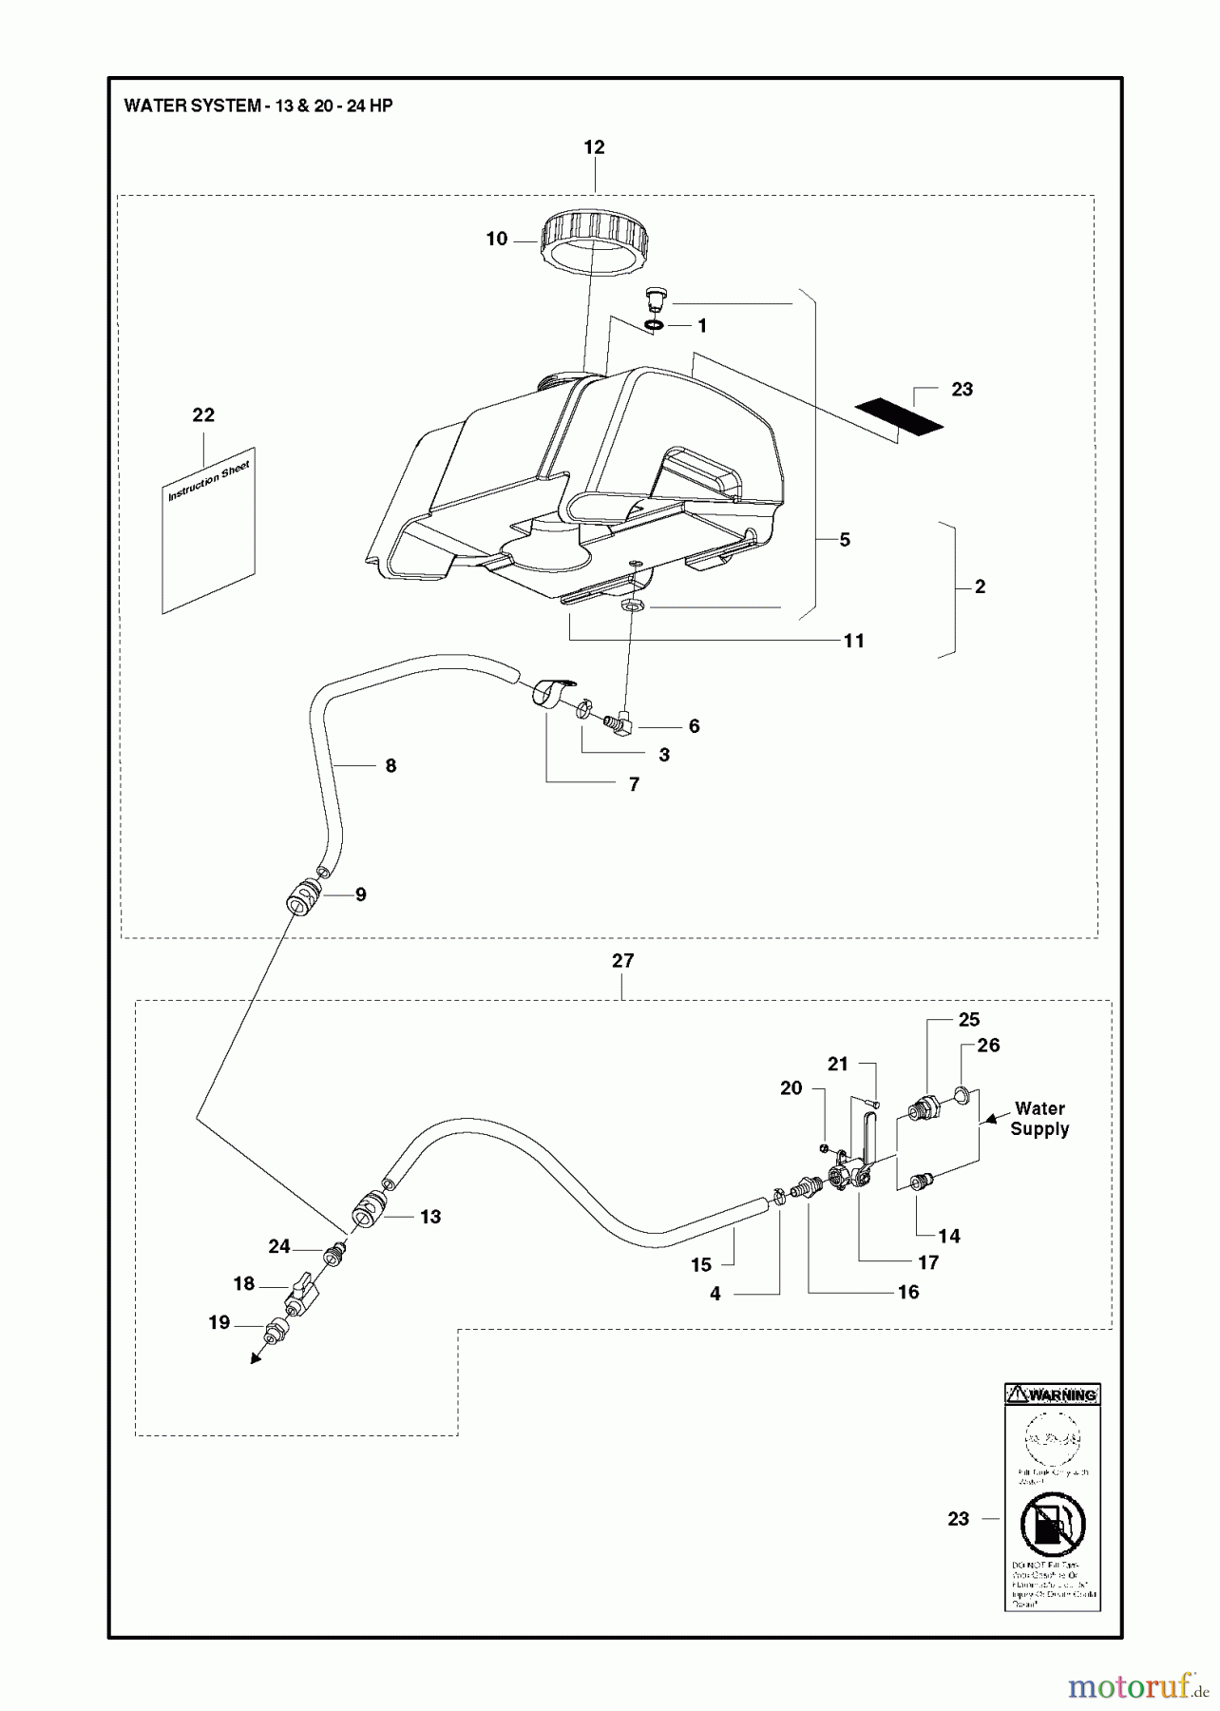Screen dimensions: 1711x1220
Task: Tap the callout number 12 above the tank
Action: click(x=594, y=147)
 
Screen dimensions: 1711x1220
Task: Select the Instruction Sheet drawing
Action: click(x=209, y=530)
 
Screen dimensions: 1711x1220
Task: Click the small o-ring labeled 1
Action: click(x=652, y=327)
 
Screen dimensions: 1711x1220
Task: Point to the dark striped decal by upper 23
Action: click(x=899, y=415)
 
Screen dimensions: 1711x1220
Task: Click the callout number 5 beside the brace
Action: click(x=845, y=540)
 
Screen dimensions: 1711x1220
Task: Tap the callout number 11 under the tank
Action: click(x=854, y=642)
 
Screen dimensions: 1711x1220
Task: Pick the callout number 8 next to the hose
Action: click(x=391, y=766)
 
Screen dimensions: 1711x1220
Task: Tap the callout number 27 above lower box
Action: click(x=622, y=961)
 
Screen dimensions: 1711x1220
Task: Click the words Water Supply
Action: click(x=1039, y=1119)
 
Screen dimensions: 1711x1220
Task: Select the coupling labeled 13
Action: click(x=366, y=1212)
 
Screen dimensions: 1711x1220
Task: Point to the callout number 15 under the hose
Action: click(x=701, y=1265)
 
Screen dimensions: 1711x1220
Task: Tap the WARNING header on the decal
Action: click(x=1053, y=1395)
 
